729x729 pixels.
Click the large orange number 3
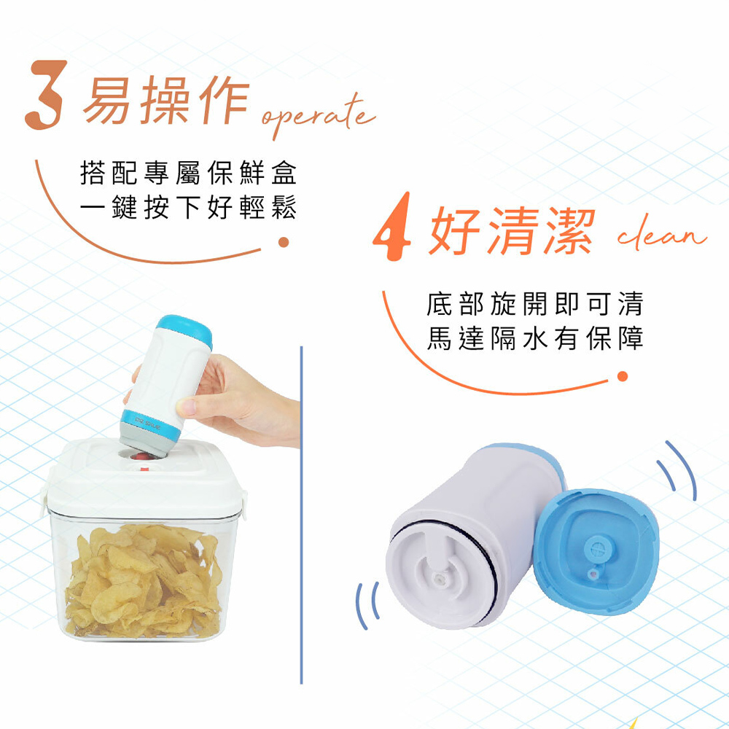click(x=45, y=95)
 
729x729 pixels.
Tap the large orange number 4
click(x=393, y=227)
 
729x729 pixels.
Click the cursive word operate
click(x=318, y=116)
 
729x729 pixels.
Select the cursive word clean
click(x=662, y=234)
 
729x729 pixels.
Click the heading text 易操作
click(x=166, y=100)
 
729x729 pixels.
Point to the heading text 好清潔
click(x=512, y=230)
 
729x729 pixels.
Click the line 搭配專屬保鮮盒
click(x=188, y=173)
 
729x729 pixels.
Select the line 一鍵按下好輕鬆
click(x=188, y=207)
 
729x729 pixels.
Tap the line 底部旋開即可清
click(x=534, y=303)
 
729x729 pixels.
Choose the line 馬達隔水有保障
click(x=534, y=338)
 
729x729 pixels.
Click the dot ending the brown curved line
click(x=284, y=242)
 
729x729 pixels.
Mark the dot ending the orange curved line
click(x=623, y=376)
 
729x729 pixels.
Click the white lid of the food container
click(x=144, y=479)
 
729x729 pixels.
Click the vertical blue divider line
click(x=301, y=515)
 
